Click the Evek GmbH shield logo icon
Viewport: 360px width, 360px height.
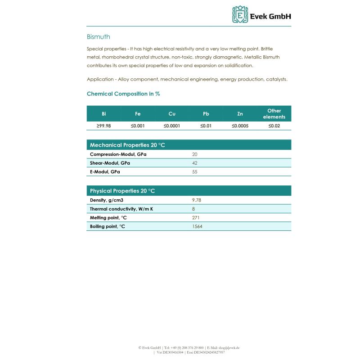coord(240,14)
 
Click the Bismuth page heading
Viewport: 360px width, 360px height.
coord(98,37)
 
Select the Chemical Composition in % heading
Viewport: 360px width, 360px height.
coord(123,94)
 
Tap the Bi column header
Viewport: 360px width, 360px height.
coord(104,114)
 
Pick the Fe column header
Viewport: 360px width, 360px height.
coord(138,114)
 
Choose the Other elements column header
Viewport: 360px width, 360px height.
coord(274,114)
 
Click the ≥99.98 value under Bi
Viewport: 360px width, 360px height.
coord(104,126)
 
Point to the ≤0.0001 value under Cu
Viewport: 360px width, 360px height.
coord(171,126)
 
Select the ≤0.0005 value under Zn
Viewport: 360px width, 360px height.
coord(240,126)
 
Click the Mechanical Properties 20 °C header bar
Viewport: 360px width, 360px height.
coord(189,145)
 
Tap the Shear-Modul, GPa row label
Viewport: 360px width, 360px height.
coord(110,163)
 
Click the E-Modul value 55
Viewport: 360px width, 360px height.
coord(195,172)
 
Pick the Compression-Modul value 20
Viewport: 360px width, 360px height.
coord(195,154)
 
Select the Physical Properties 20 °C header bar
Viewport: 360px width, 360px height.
coord(189,191)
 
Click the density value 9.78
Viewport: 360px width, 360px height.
coord(196,200)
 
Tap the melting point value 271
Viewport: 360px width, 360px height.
coord(196,218)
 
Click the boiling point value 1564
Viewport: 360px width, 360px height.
coord(197,226)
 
